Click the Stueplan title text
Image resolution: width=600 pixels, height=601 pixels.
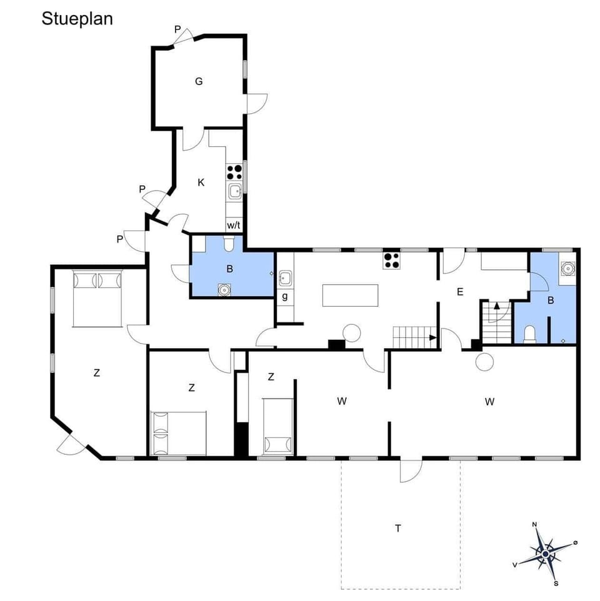(x=77, y=19)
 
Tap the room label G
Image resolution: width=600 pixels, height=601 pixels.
(x=199, y=81)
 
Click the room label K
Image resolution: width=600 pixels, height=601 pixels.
(x=201, y=182)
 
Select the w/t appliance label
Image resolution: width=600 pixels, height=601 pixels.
(x=234, y=225)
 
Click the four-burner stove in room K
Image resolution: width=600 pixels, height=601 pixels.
(x=234, y=172)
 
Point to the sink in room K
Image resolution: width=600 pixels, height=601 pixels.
(x=235, y=191)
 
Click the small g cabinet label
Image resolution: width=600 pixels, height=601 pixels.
(x=285, y=297)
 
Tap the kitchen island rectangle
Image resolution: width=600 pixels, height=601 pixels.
(x=351, y=296)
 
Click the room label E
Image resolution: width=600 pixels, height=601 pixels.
(x=460, y=291)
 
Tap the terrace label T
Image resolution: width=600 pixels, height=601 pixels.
(x=397, y=529)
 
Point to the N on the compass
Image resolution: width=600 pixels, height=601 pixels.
(x=534, y=525)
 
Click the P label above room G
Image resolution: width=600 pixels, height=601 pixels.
(x=177, y=29)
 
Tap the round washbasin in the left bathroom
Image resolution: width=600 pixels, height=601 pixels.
(x=224, y=289)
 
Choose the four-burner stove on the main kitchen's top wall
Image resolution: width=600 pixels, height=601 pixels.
(x=391, y=260)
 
